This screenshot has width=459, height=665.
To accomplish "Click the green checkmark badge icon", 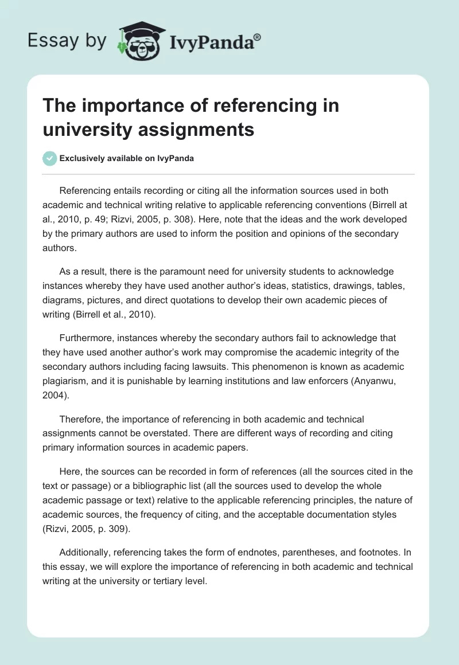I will tap(50, 158).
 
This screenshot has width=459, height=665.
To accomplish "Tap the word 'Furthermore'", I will tap(85, 338).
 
